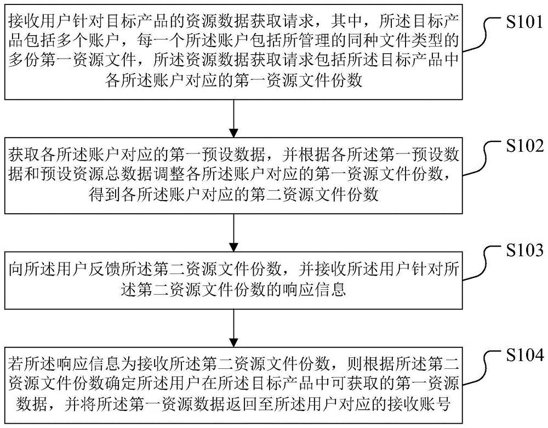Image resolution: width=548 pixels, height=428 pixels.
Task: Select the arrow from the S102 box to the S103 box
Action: click(234, 231)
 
